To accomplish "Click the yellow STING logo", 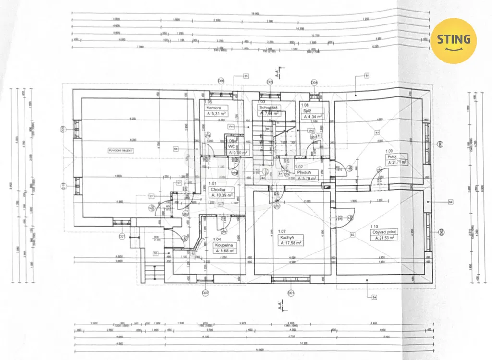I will point(454,40).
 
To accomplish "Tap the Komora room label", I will point(214,108).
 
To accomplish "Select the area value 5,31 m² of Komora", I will point(217,114).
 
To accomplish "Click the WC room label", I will point(231,147).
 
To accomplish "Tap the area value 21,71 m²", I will point(397,163).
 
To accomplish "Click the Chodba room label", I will point(218,190).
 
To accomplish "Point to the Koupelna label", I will point(225,244).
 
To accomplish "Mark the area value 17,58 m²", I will point(291,243).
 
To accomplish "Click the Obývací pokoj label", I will point(383,231).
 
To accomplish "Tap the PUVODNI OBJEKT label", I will point(121,150).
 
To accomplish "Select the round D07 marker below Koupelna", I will point(205,292).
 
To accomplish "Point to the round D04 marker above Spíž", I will point(314,82).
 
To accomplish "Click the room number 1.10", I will point(374,226).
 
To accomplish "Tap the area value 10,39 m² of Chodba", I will point(221,196).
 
